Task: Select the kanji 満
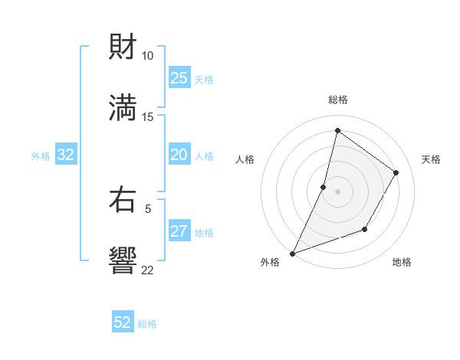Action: [x=123, y=107]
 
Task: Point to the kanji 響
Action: [x=123, y=260]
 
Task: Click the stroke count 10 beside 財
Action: [x=147, y=56]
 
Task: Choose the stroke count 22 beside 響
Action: [x=147, y=269]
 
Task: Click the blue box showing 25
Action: [x=179, y=78]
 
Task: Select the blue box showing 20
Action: [x=179, y=155]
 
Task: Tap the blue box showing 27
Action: [x=179, y=232]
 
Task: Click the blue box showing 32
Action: [x=66, y=155]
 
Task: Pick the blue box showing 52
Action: [x=123, y=322]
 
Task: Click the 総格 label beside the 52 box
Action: [x=147, y=324]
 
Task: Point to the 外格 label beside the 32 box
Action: [x=41, y=156]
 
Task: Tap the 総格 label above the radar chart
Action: [x=338, y=100]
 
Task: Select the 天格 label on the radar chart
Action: [x=431, y=159]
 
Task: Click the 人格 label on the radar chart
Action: [x=245, y=159]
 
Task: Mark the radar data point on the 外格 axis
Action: [x=292, y=253]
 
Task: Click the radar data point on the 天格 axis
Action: [x=396, y=172]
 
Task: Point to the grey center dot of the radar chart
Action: [x=338, y=191]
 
